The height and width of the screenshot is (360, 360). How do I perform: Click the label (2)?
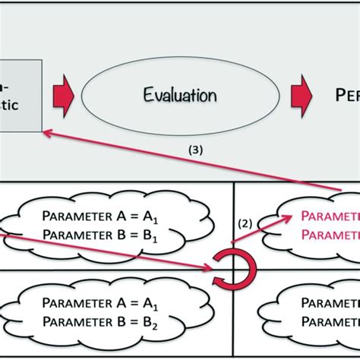point(245,224)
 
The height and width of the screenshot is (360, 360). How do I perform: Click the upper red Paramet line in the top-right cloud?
point(330,216)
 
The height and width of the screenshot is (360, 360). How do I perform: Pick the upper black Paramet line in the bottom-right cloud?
point(330,302)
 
